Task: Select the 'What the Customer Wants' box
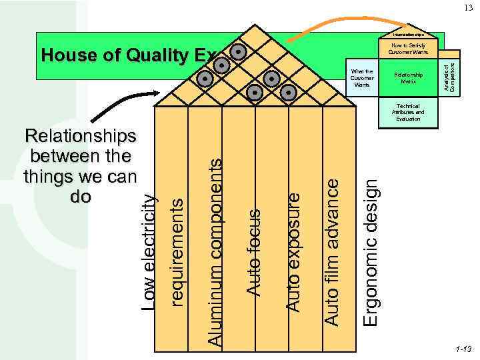pos(362,78)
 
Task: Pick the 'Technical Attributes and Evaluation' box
pos(407,111)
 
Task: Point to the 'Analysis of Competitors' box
pos(452,77)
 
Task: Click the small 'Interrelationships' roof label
pos(408,34)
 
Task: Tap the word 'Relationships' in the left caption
pos(80,137)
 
